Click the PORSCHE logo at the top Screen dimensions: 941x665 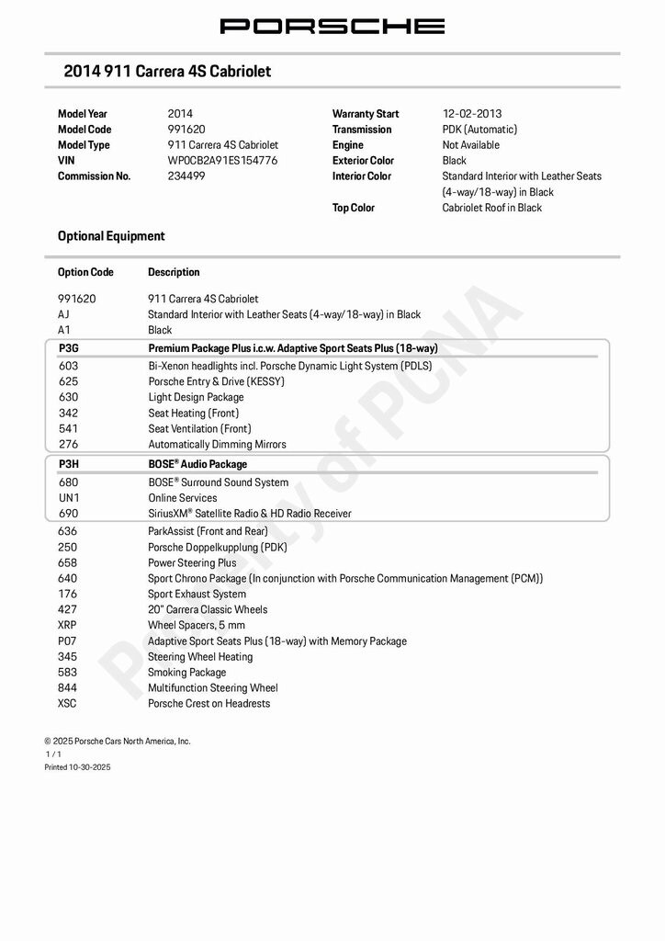point(332,26)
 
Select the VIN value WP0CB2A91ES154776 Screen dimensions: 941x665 point(222,161)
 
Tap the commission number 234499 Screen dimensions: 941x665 point(186,176)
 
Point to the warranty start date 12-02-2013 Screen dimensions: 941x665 point(472,114)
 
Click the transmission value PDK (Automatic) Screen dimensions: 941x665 point(479,130)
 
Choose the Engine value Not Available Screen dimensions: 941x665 point(471,145)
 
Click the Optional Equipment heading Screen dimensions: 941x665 point(111,236)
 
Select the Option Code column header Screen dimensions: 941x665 point(85,272)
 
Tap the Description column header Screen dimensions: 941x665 point(174,272)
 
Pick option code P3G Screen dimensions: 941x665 point(69,348)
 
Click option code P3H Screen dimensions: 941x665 point(69,464)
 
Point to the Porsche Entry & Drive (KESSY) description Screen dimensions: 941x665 point(217,381)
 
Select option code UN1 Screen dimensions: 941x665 point(69,498)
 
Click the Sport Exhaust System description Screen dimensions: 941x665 point(197,594)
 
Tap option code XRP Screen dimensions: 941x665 point(68,625)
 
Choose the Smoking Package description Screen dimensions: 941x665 point(186,672)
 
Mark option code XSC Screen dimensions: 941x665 point(68,703)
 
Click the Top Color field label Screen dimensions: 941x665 point(354,208)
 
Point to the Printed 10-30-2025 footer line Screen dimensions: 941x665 point(77,766)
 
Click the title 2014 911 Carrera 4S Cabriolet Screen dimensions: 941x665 point(167,72)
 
